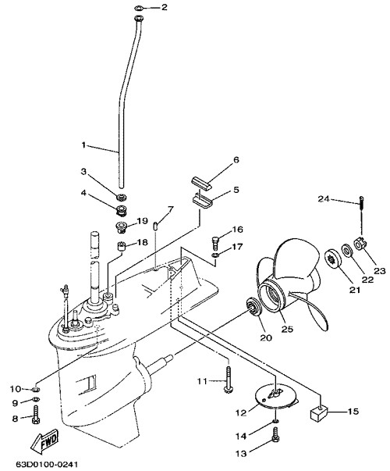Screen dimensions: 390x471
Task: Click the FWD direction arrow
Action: [x=44, y=442]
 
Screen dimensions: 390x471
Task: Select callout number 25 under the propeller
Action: [x=287, y=329]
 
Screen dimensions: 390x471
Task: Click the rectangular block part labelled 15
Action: [x=318, y=415]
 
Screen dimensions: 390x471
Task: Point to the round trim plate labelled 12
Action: [x=277, y=397]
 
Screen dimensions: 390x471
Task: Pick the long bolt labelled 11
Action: [x=229, y=379]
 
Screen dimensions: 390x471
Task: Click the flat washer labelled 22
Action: [x=348, y=250]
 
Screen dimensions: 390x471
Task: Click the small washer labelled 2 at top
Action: [x=139, y=7]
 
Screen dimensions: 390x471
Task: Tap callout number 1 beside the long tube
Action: [x=83, y=145]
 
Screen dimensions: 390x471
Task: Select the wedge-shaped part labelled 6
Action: [x=201, y=183]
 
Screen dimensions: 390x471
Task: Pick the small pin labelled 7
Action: [x=156, y=226]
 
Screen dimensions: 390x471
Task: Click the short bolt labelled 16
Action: [x=216, y=242]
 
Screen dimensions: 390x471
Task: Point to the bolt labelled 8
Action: [x=36, y=414]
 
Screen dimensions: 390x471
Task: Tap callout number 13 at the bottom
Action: [x=241, y=453]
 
